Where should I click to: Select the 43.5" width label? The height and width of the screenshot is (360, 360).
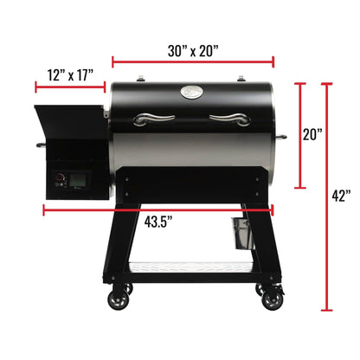(157, 221)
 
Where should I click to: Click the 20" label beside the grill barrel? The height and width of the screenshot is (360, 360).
(313, 135)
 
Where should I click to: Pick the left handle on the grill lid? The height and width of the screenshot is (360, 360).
(157, 119)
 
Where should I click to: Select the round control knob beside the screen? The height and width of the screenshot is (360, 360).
(60, 181)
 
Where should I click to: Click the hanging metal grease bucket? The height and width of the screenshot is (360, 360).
(238, 231)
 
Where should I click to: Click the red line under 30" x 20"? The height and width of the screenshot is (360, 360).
(193, 62)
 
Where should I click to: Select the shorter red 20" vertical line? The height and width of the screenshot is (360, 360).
(301, 135)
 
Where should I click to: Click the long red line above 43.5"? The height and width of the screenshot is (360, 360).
(157, 209)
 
